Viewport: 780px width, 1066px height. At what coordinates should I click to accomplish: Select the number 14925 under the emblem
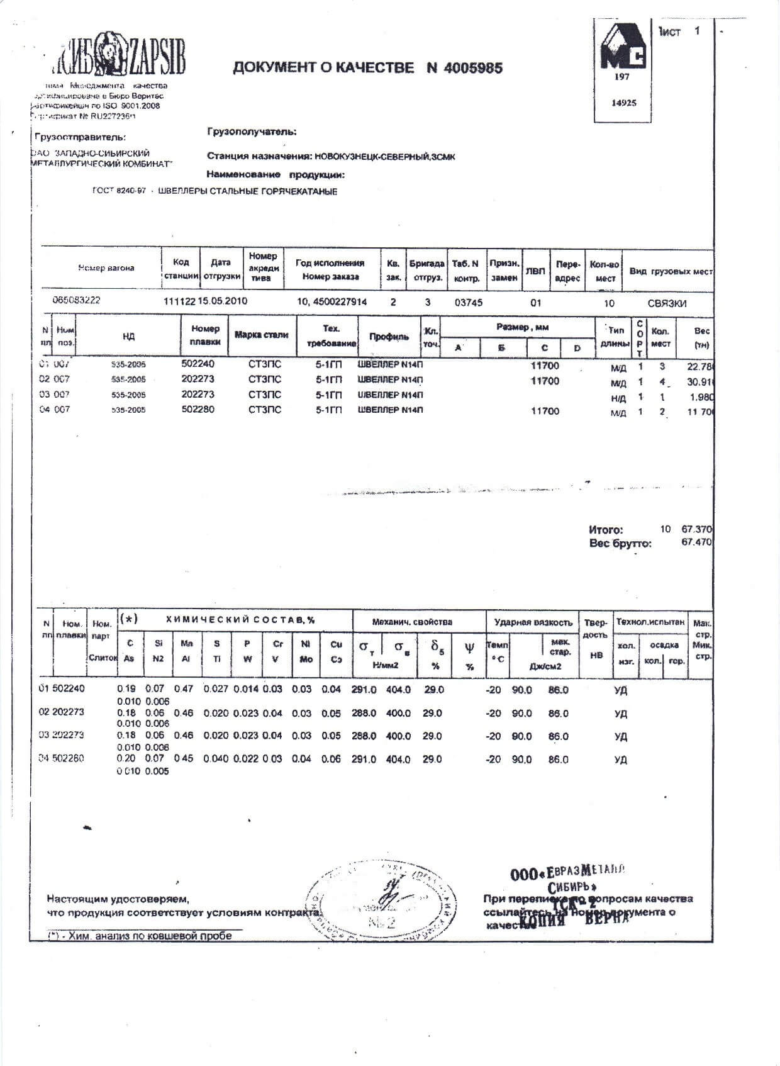pyautogui.click(x=623, y=103)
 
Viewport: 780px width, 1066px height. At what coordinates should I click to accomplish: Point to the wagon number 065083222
pyautogui.click(x=76, y=300)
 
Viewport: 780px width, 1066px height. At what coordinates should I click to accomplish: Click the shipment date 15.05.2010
pyautogui.click(x=223, y=301)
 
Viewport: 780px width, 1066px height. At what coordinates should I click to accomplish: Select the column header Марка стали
pyautogui.click(x=261, y=335)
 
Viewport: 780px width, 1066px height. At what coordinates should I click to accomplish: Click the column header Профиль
pyautogui.click(x=389, y=337)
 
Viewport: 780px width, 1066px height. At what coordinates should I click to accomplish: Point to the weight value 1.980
pyautogui.click(x=699, y=397)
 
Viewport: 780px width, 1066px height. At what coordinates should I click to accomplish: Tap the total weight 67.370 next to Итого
pyautogui.click(x=696, y=529)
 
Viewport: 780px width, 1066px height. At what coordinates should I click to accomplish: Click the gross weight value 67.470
pyautogui.click(x=696, y=542)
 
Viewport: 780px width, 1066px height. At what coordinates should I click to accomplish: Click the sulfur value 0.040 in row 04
pyautogui.click(x=216, y=759)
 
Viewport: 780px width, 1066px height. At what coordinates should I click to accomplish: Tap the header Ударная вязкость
pyautogui.click(x=533, y=622)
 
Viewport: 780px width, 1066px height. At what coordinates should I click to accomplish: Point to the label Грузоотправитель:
pyautogui.click(x=80, y=137)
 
